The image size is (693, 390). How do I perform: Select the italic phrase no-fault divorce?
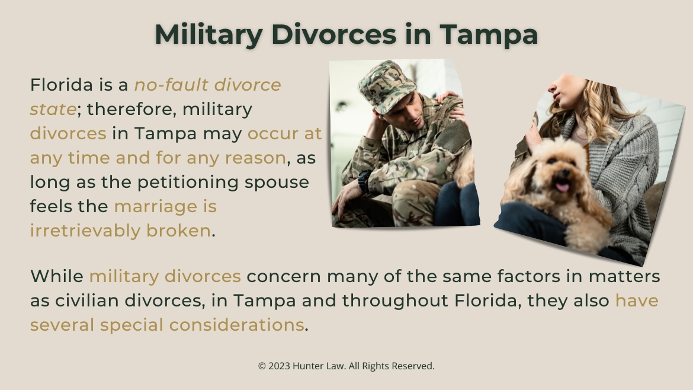[207, 85]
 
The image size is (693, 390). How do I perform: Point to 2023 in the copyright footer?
[280, 366]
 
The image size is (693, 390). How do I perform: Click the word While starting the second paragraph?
[56, 276]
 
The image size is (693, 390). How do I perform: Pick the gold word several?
[62, 325]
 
